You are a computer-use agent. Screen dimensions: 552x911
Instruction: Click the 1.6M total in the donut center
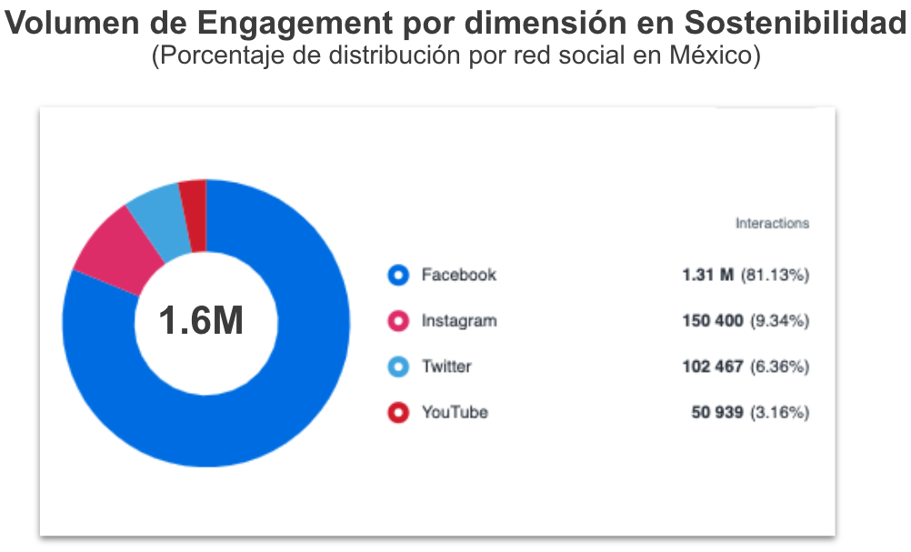tap(201, 320)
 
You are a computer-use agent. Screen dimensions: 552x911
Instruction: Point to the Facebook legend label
tap(458, 275)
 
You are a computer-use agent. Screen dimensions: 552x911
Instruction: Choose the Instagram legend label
tap(459, 321)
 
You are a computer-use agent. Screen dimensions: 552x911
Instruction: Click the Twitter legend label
tap(446, 366)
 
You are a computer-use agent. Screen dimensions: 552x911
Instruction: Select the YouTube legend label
tap(455, 412)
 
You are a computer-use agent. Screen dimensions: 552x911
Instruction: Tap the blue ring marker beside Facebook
tap(398, 276)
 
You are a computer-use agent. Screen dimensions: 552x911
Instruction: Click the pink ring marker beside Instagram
tap(398, 321)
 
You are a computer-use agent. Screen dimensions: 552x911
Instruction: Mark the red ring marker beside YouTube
tap(398, 413)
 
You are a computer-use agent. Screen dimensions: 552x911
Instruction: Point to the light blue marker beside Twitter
tap(398, 367)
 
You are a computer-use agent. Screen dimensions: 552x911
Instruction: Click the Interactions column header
tap(772, 223)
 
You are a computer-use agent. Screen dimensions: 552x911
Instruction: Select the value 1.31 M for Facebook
tap(707, 275)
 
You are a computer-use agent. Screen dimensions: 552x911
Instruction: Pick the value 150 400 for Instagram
tap(713, 321)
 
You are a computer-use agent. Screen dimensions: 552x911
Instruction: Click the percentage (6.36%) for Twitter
tap(779, 366)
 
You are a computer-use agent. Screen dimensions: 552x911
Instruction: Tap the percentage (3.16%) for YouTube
tap(779, 412)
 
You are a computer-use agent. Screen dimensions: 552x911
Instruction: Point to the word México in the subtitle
tap(714, 56)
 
